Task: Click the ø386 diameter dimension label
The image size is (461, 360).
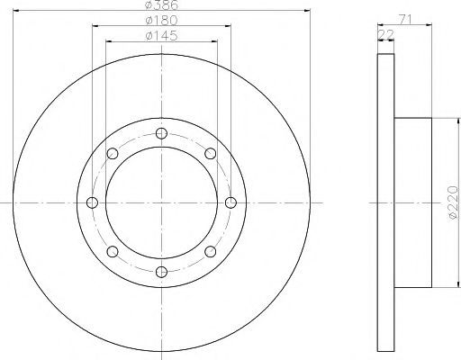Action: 161,4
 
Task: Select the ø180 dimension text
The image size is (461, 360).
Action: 161,21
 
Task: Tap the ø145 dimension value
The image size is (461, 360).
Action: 161,36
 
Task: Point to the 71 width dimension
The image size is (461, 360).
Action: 405,19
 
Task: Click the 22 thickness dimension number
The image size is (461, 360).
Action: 385,35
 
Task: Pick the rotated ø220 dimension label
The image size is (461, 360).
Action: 453,202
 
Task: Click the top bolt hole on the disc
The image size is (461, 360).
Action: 161,133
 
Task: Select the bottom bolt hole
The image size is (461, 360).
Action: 161,272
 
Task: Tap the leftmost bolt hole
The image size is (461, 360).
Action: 92,202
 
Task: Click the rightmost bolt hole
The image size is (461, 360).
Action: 230,202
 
